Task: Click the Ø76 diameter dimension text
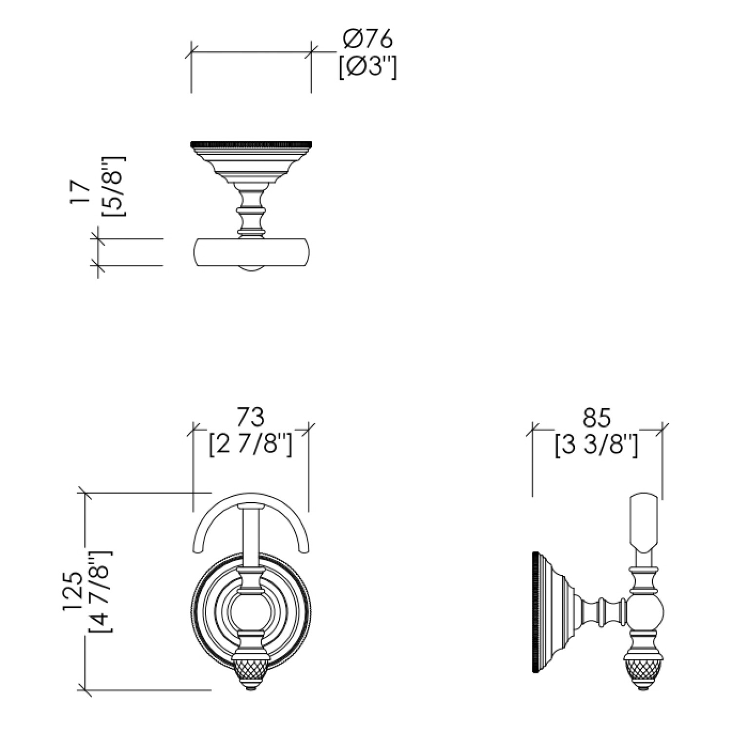click(367, 39)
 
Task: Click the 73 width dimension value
click(250, 417)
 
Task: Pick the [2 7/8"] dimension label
click(250, 445)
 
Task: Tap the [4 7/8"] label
click(100, 591)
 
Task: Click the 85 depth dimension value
click(596, 418)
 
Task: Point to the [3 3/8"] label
click(596, 445)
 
